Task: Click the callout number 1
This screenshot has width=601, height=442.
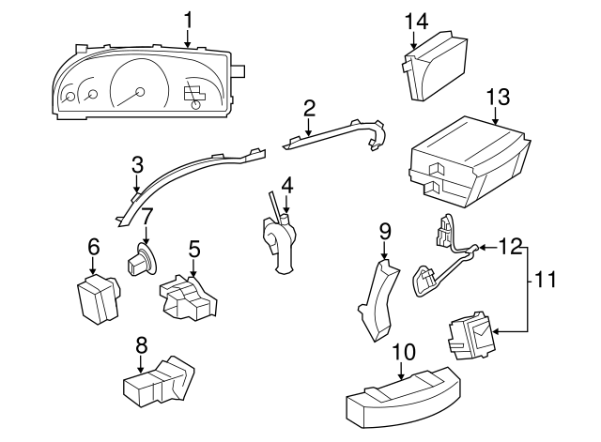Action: (188, 18)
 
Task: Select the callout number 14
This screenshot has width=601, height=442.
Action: (416, 20)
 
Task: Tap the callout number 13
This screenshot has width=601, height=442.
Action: (497, 97)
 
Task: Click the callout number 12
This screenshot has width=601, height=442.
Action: (508, 247)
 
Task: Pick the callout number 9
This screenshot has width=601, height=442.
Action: (384, 231)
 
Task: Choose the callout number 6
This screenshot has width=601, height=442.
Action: (93, 247)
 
